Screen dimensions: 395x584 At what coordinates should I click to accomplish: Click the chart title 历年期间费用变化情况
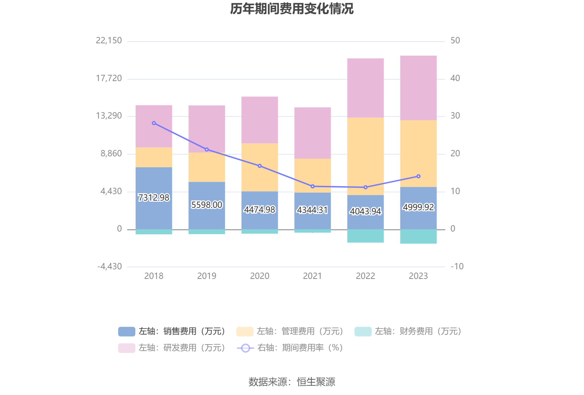292,9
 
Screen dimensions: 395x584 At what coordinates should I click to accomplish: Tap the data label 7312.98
154,198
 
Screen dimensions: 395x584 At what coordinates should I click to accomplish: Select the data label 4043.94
365,211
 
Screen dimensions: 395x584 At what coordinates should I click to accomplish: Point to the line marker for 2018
154,123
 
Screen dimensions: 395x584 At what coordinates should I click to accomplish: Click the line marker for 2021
313,187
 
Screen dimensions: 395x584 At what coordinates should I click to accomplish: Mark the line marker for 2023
418,176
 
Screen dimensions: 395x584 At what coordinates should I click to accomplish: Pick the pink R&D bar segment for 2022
365,88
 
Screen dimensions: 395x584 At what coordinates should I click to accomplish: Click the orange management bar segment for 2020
260,167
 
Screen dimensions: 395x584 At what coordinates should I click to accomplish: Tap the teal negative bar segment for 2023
418,236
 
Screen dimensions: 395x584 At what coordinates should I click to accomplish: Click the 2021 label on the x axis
313,276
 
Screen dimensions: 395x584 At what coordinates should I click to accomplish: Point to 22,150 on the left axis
109,41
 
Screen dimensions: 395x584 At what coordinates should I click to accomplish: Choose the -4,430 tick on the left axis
110,267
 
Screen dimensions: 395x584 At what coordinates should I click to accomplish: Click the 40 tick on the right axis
455,78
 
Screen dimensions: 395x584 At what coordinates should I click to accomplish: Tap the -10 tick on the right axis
457,267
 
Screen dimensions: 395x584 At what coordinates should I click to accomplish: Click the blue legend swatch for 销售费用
126,331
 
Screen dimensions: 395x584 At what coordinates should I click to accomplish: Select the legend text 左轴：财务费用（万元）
418,331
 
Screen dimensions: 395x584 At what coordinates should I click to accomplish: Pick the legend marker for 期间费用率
245,348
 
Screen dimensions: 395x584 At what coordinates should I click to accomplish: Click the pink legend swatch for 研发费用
126,348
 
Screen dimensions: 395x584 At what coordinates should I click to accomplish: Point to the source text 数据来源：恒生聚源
292,382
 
